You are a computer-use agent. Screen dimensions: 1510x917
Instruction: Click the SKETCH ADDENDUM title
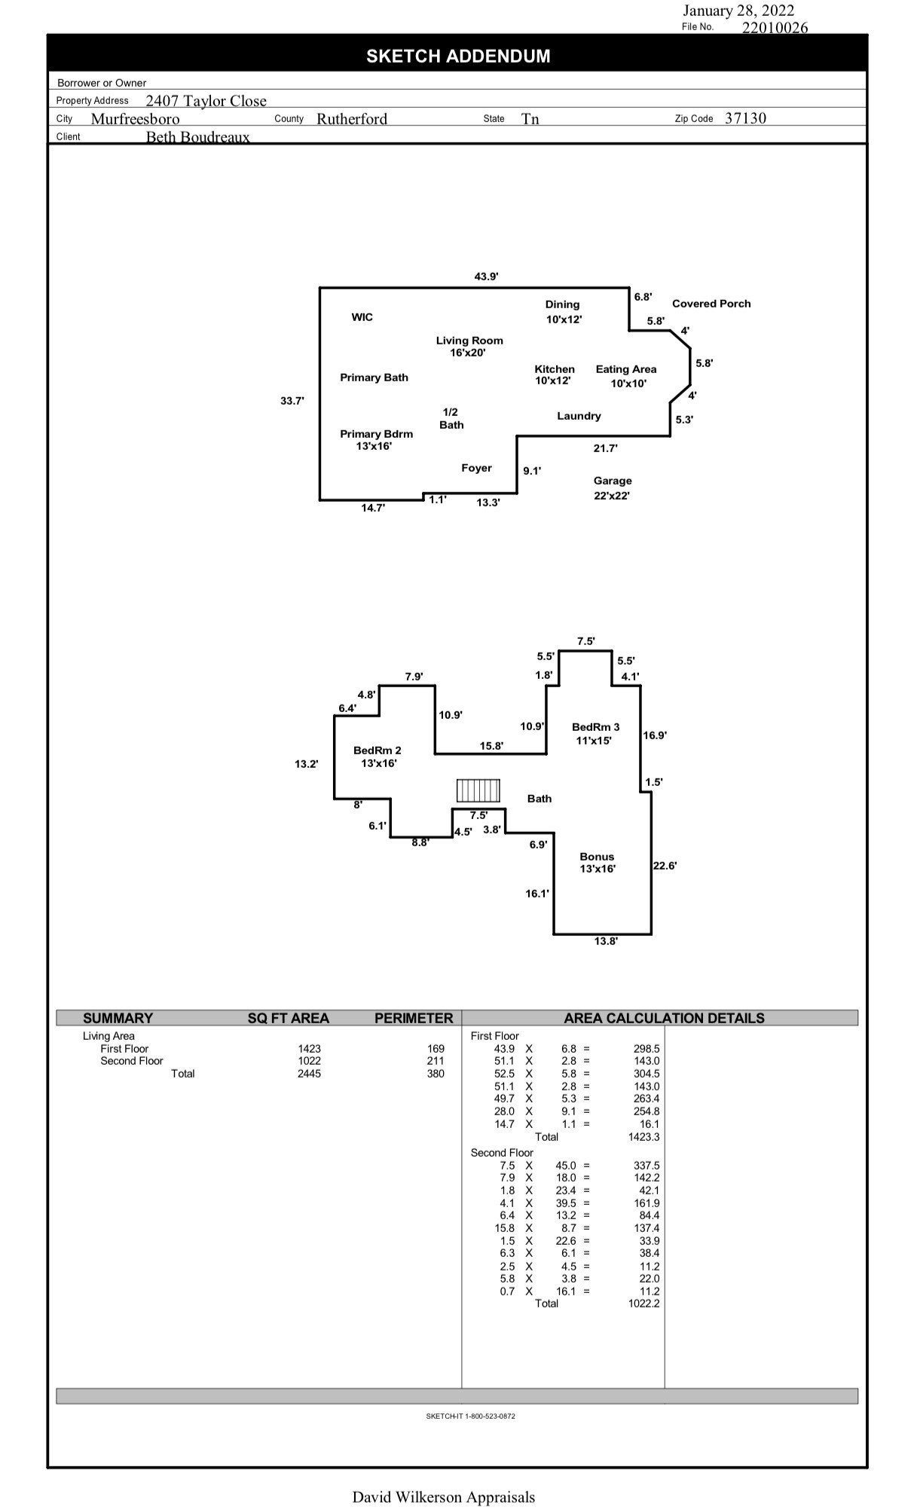pyautogui.click(x=458, y=57)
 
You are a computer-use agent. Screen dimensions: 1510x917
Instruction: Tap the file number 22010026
pyautogui.click(x=775, y=28)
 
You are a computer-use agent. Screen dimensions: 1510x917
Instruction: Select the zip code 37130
pyautogui.click(x=745, y=118)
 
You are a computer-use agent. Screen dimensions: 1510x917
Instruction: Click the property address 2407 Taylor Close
pyautogui.click(x=206, y=101)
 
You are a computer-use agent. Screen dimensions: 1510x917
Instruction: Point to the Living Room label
pyautogui.click(x=469, y=341)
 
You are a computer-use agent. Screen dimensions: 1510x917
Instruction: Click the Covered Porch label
pyautogui.click(x=711, y=304)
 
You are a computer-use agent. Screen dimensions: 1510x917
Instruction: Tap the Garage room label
pyautogui.click(x=612, y=481)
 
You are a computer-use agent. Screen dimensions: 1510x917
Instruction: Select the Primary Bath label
pyautogui.click(x=374, y=377)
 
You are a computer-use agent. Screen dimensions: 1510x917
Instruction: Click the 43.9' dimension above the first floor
pyautogui.click(x=486, y=277)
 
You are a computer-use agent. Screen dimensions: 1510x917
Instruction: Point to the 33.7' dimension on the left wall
pyautogui.click(x=292, y=401)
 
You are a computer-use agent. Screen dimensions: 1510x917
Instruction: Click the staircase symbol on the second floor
pyautogui.click(x=478, y=790)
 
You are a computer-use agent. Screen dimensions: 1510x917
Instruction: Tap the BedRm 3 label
pyautogui.click(x=595, y=727)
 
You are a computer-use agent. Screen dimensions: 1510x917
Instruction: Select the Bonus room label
pyautogui.click(x=597, y=857)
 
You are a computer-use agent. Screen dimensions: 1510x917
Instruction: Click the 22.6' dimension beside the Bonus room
pyautogui.click(x=665, y=866)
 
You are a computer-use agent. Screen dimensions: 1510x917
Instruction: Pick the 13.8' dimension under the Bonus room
pyautogui.click(x=606, y=941)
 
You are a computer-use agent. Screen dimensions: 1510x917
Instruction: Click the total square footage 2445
pyautogui.click(x=309, y=1074)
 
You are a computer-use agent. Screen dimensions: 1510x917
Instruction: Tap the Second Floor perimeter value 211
pyautogui.click(x=436, y=1061)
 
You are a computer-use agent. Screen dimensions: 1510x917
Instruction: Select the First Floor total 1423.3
pyautogui.click(x=643, y=1137)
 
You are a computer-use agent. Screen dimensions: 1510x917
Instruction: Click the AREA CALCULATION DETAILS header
pyautogui.click(x=664, y=1018)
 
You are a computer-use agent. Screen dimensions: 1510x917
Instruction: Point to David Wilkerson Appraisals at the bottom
pyautogui.click(x=443, y=1497)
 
